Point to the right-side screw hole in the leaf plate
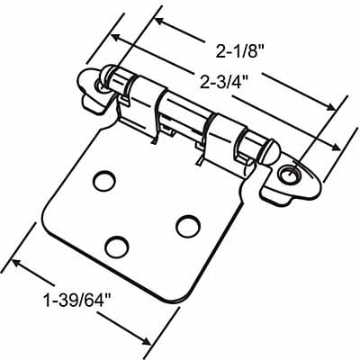[x=188, y=225]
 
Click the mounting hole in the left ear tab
[x=101, y=84]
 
